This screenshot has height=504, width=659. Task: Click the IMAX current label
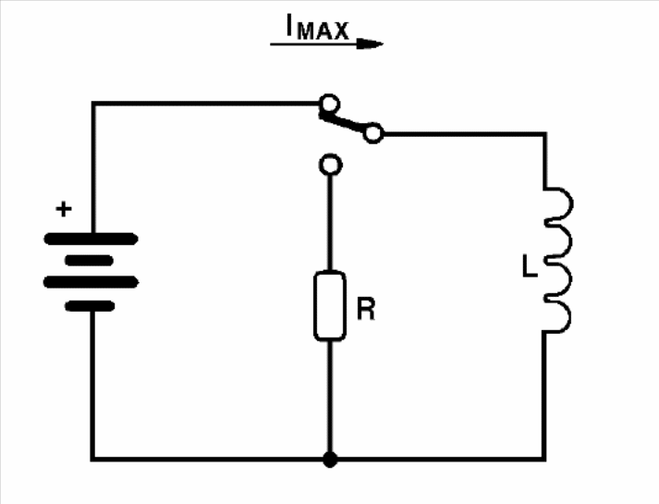[317, 28]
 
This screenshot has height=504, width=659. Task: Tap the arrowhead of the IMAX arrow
[370, 43]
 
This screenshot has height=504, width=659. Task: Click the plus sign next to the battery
[64, 209]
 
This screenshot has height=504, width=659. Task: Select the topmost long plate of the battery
[91, 239]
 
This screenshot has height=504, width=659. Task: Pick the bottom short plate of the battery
[90, 306]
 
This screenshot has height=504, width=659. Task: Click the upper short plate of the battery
[89, 261]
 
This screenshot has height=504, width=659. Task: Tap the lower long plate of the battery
[91, 282]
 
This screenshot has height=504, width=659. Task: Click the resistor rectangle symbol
[330, 305]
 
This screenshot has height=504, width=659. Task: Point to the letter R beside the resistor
[366, 309]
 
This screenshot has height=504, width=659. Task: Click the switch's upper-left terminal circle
[329, 104]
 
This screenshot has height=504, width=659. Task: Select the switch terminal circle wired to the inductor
[372, 134]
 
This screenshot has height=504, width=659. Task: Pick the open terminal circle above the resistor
[331, 165]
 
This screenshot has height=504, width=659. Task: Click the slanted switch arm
[343, 122]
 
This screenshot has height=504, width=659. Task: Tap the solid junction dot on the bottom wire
[330, 459]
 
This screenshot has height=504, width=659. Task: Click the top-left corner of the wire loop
[93, 104]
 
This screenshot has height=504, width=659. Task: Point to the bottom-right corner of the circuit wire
[544, 459]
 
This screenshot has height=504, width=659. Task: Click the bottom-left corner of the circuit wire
[92, 459]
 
